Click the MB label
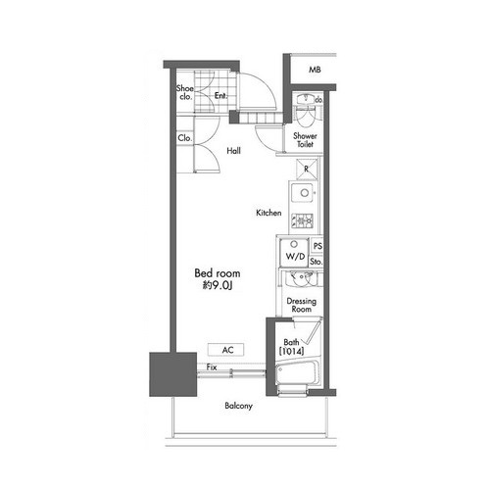click(x=315, y=70)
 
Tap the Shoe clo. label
click(x=185, y=92)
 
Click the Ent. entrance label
click(x=220, y=96)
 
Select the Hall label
click(x=233, y=151)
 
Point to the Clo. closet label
click(x=184, y=138)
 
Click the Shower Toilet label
click(x=305, y=140)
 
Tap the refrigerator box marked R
click(x=307, y=169)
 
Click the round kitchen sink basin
click(x=305, y=193)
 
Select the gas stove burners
click(x=302, y=220)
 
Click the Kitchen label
click(x=268, y=213)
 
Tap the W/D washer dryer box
click(x=294, y=252)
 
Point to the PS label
click(x=317, y=246)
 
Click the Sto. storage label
click(x=316, y=262)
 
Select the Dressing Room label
click(x=301, y=305)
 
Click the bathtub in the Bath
click(x=297, y=373)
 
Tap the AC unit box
click(x=225, y=350)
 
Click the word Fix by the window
click(x=212, y=367)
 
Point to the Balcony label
click(x=238, y=406)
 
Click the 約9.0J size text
click(x=218, y=285)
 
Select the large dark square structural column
click(x=173, y=374)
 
